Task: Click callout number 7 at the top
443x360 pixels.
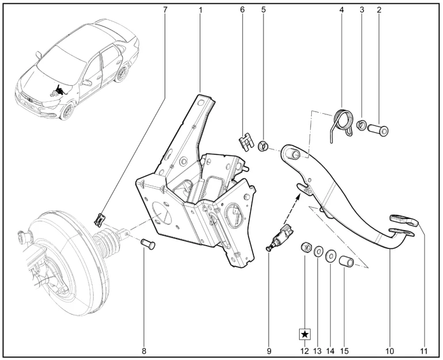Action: pyautogui.click(x=165, y=10)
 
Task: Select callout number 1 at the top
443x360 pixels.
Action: pyautogui.click(x=200, y=10)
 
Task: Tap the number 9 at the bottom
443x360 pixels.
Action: pyautogui.click(x=269, y=351)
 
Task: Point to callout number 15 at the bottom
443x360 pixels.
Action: pyautogui.click(x=345, y=351)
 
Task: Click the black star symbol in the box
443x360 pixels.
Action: pyautogui.click(x=304, y=335)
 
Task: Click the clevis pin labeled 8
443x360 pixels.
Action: pyautogui.click(x=148, y=244)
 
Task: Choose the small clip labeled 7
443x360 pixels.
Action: pyautogui.click(x=99, y=220)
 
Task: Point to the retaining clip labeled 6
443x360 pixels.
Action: pyautogui.click(x=245, y=141)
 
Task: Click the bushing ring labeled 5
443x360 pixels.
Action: pyautogui.click(x=263, y=146)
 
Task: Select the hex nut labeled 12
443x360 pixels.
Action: pyautogui.click(x=306, y=247)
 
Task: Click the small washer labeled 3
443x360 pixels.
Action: pyautogui.click(x=361, y=125)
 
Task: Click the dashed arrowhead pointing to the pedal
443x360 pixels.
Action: pyautogui.click(x=297, y=197)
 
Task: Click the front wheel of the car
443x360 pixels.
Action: pyautogui.click(x=68, y=111)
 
